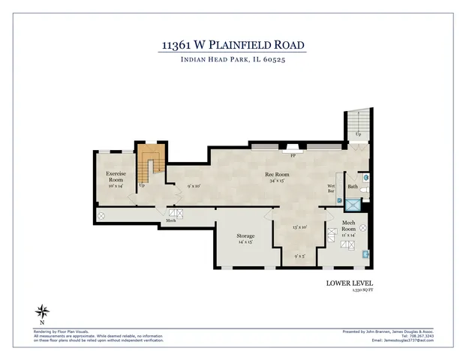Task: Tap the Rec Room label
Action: [277, 174]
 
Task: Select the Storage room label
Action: [246, 236]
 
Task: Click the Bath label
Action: [352, 187]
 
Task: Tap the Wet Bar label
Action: [330, 188]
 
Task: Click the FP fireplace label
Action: [292, 154]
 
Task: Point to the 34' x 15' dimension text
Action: [277, 181]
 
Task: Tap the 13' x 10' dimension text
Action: [299, 227]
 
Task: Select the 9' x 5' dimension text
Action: [299, 256]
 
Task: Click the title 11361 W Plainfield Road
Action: [233, 46]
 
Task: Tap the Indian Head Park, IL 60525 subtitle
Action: [233, 61]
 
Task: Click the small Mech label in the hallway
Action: [171, 221]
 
